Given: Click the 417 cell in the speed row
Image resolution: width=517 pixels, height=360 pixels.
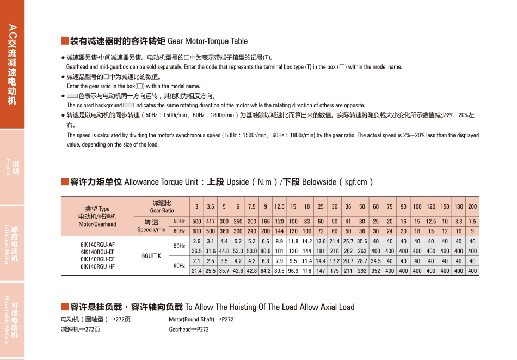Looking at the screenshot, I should (210, 222).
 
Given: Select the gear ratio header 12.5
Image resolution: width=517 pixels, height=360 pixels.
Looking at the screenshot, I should (279, 206).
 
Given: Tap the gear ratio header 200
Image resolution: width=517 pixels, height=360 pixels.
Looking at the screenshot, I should (472, 206).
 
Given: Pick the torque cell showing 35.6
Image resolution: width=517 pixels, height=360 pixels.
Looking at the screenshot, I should (362, 241).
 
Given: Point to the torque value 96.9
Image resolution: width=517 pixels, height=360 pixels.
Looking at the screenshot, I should (293, 271).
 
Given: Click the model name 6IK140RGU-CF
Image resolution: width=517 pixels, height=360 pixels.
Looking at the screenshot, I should (97, 259).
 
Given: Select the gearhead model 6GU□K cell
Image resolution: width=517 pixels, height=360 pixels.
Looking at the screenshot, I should (151, 255).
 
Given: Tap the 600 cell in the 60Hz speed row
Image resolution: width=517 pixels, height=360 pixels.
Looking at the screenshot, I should (196, 231).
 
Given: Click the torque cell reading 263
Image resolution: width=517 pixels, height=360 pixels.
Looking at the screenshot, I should (362, 251).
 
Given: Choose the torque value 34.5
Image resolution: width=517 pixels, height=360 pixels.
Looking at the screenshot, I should (376, 261).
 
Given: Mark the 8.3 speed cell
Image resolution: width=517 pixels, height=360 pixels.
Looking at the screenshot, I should (459, 222).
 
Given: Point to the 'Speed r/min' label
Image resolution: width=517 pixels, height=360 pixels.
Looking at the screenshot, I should (151, 230).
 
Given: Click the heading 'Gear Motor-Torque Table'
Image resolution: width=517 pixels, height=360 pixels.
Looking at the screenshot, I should (207, 41).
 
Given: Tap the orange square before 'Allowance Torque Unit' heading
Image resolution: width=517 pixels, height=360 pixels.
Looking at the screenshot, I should (64, 182).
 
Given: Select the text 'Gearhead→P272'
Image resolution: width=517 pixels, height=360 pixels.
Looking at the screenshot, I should (189, 330).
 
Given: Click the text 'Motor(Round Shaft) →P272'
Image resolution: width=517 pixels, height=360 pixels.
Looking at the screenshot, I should (201, 319).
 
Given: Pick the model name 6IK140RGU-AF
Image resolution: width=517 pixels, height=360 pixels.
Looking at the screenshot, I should (97, 245).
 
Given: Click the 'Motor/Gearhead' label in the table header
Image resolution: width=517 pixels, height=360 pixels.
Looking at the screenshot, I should (97, 224).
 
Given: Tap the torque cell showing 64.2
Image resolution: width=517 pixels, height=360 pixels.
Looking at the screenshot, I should (266, 271).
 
